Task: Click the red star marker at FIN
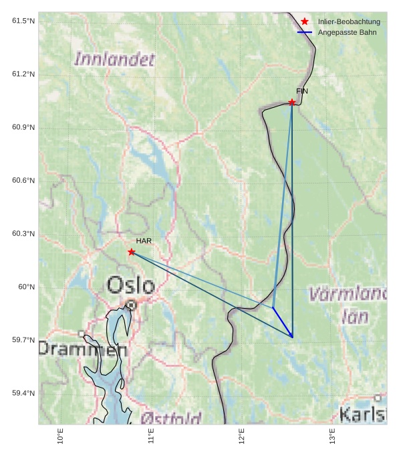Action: click(x=292, y=102)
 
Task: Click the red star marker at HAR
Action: click(x=132, y=252)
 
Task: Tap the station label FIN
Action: click(x=302, y=91)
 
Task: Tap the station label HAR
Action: click(x=144, y=240)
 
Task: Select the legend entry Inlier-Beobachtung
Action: click(x=349, y=21)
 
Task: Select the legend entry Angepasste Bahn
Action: click(x=347, y=32)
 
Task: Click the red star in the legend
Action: click(x=305, y=21)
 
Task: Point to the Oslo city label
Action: click(x=131, y=285)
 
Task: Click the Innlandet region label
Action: click(x=114, y=59)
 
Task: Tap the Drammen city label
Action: click(x=82, y=349)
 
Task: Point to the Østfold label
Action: click(x=172, y=419)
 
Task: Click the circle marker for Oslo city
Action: click(x=132, y=305)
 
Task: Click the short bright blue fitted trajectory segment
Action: click(x=283, y=322)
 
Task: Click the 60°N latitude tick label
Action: click(x=26, y=287)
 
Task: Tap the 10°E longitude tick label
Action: click(x=61, y=436)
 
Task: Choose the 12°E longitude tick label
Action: click(x=242, y=436)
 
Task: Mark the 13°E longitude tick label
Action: click(x=332, y=436)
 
